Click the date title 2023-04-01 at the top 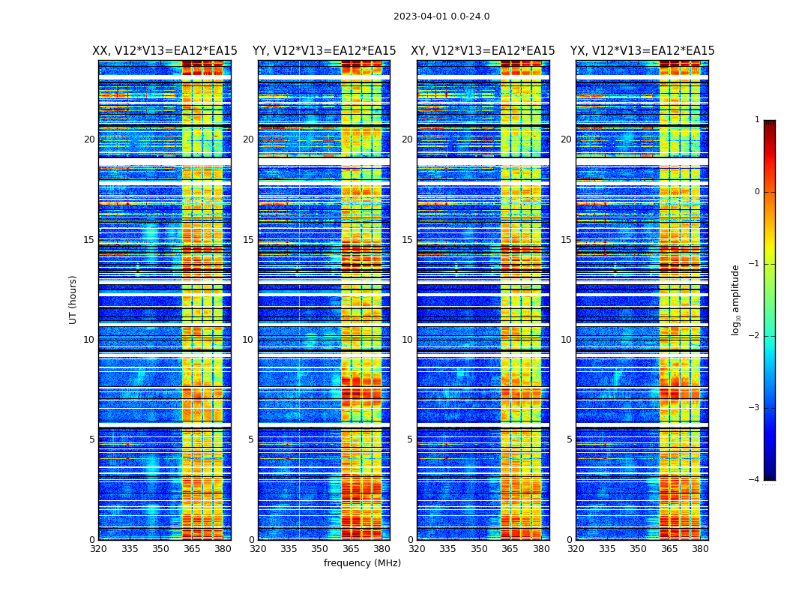441,16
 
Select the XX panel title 165,51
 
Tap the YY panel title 324,51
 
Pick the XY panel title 483,51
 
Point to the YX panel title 642,51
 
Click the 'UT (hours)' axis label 73,299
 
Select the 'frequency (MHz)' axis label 362,563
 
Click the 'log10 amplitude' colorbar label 736,299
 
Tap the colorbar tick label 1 756,120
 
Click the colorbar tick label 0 756,192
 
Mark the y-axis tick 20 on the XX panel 89,139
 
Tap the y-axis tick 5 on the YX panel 569,439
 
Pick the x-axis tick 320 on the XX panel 98,549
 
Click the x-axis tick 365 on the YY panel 352,549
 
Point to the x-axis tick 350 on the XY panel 479,549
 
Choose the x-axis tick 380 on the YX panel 700,549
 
